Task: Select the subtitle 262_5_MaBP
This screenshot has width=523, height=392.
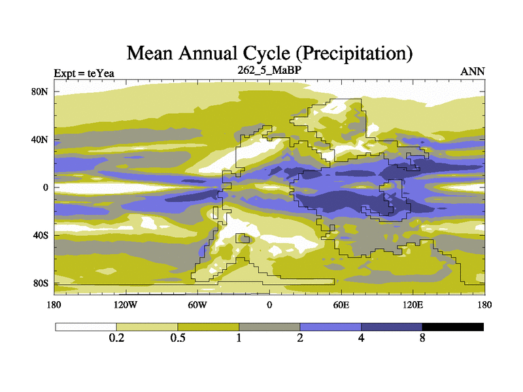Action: (269, 69)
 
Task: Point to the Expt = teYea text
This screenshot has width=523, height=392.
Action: (84, 73)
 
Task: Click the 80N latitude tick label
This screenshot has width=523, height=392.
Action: (41, 91)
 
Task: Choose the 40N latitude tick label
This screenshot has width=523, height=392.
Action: (41, 140)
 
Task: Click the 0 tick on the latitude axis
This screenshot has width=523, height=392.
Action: (46, 188)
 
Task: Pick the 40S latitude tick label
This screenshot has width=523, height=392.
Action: (41, 235)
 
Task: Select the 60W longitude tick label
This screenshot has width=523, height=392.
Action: (197, 305)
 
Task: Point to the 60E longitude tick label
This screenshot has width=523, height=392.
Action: (341, 305)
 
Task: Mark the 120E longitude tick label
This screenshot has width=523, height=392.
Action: (413, 305)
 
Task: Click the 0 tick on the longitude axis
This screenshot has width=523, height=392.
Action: (269, 305)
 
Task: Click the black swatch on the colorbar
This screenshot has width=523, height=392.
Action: (453, 327)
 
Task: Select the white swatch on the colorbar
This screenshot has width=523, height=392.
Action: (86, 327)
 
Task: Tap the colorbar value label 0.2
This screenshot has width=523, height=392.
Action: (116, 338)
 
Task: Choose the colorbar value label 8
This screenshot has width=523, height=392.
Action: (422, 338)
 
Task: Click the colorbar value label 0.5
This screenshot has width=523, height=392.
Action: (178, 338)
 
